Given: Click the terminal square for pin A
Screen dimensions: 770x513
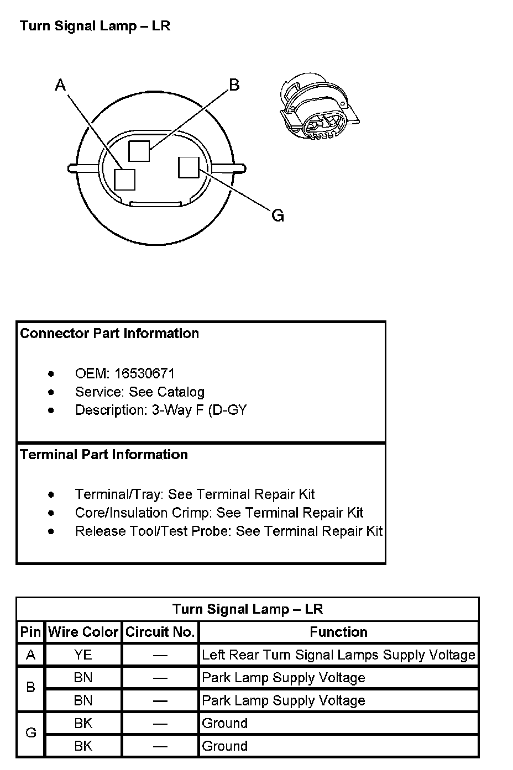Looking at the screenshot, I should tap(124, 179).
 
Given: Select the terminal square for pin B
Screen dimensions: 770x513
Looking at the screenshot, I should tap(139, 151).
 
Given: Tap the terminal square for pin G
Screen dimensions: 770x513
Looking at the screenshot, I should tap(189, 167).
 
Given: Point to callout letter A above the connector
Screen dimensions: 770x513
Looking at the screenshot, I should tap(61, 85).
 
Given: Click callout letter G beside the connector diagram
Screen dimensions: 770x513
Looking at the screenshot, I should tap(278, 215).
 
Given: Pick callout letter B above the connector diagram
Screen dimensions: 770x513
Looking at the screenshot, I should tap(234, 85).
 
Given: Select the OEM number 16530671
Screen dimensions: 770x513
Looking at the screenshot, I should tap(144, 373).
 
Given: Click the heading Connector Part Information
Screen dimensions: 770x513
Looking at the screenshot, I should tap(109, 334).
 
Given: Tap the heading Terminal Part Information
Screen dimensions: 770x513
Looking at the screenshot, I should tap(104, 455).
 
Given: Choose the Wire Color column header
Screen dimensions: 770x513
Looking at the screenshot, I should tap(83, 632).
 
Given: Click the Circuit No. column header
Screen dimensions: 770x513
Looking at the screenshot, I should tap(160, 632).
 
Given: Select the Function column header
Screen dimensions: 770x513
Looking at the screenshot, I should tap(338, 632).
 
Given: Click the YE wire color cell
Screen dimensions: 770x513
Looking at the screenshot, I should tap(83, 655).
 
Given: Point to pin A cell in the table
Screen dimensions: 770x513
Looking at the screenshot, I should tap(31, 655).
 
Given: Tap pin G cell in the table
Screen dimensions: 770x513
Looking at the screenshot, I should tap(31, 733).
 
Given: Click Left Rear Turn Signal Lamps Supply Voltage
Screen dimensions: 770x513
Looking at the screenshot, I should tap(338, 655).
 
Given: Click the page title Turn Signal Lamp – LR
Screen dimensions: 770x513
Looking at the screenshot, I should tap(95, 26).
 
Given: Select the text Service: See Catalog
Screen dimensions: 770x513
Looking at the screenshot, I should tap(140, 392).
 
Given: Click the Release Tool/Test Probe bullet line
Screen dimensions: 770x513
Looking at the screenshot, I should tap(229, 531).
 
